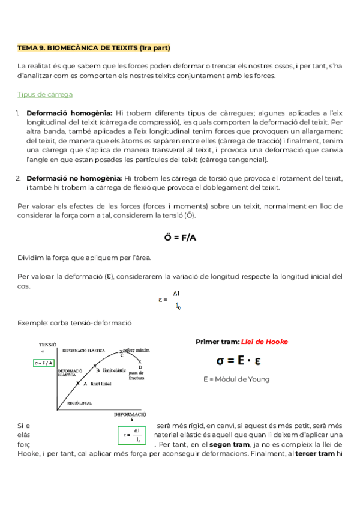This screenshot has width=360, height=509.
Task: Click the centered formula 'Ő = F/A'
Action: click(180, 238)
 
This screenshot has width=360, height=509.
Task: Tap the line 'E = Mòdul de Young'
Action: click(236, 379)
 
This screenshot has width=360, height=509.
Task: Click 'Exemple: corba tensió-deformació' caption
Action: click(74, 322)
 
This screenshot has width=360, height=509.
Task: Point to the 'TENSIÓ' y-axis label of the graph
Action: click(47, 345)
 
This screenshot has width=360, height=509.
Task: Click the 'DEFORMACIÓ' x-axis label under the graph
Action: click(130, 414)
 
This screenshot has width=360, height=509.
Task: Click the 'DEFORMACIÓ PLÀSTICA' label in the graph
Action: click(83, 349)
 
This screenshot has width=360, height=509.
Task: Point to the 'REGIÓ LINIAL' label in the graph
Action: click(79, 403)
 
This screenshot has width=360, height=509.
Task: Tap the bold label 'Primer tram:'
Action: click(217, 342)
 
